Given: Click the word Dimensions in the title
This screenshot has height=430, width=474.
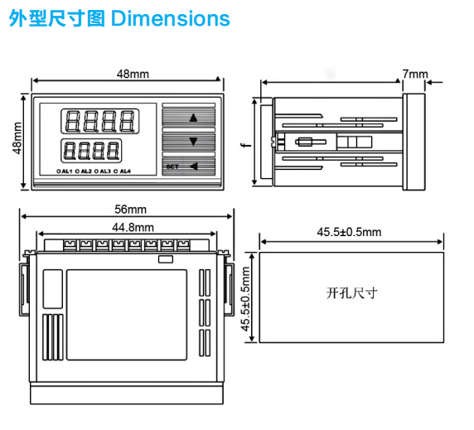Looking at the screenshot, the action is (171, 19).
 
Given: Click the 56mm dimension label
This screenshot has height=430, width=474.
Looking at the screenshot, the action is (130, 210).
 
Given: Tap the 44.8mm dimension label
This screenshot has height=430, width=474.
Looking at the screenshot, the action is (133, 227).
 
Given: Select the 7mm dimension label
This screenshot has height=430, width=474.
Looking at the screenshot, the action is (415, 74).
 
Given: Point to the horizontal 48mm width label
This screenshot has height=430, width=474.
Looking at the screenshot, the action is (133, 74).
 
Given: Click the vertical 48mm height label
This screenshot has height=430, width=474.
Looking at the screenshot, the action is (17, 138).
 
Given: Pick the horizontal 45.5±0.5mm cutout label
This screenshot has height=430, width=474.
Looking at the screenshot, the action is (349, 232).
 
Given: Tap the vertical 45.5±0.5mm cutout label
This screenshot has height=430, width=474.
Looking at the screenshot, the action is (245, 299).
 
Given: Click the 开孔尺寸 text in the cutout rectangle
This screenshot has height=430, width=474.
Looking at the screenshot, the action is (351, 293).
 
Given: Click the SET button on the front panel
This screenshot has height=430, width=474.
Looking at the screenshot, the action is (172, 167).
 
